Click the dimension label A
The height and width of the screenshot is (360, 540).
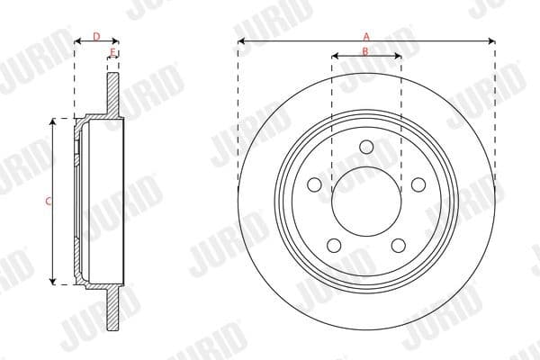pyautogui.click(x=366, y=35)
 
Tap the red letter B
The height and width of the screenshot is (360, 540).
pyautogui.click(x=365, y=51)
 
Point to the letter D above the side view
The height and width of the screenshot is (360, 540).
pyautogui.click(x=95, y=37)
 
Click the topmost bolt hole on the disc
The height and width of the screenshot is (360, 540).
pyautogui.click(x=366, y=148)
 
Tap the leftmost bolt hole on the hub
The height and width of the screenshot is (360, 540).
pyautogui.click(x=314, y=184)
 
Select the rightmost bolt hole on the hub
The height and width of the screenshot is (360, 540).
pyautogui.click(x=418, y=184)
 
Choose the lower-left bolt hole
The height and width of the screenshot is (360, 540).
pyautogui.click(x=334, y=246)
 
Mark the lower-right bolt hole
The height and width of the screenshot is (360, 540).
pyautogui.click(x=399, y=246)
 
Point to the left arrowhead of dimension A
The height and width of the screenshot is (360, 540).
pyautogui.click(x=241, y=40)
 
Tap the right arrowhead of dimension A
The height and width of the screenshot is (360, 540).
pyautogui.click(x=492, y=40)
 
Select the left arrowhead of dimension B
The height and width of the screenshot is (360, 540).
pyautogui.click(x=335, y=57)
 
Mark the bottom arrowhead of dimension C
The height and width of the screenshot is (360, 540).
pyautogui.click(x=54, y=282)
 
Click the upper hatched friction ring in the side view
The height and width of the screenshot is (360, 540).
pyautogui.click(x=112, y=94)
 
